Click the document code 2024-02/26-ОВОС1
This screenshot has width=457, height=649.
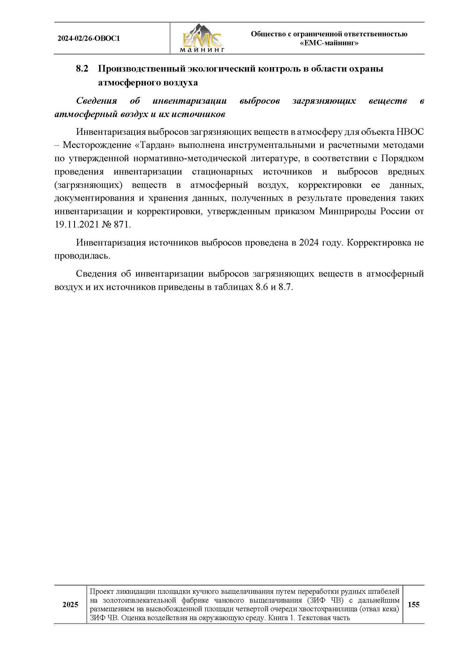[x=89, y=39]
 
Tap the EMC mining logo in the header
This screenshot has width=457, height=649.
[x=202, y=39]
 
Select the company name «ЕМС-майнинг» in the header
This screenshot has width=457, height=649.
[x=329, y=43]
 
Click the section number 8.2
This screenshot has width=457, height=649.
[x=82, y=69]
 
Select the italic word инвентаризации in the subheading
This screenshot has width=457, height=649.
[x=189, y=101]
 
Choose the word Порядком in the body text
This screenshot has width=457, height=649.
[x=402, y=158]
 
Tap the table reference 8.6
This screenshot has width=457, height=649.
[x=262, y=287]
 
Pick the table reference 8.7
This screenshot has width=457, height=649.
[x=285, y=287]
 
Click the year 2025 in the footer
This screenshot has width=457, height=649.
[x=71, y=605]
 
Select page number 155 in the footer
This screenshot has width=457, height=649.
[x=413, y=605]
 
